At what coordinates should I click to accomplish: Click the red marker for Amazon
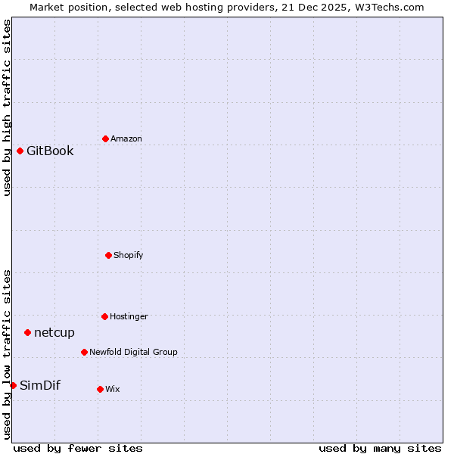[x=105, y=138]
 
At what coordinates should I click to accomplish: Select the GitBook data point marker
[x=20, y=151]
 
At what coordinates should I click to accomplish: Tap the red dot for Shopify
[x=108, y=255]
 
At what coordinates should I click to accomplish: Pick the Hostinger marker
[x=104, y=316]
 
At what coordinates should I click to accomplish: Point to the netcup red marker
[x=27, y=332]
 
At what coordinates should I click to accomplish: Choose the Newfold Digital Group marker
[x=84, y=352]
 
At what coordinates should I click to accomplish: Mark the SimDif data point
[x=13, y=385]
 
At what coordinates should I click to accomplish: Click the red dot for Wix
[x=100, y=389]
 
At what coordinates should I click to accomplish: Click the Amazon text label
[x=126, y=139]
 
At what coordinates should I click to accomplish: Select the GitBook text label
[x=50, y=151]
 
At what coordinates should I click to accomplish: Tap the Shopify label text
[x=129, y=256]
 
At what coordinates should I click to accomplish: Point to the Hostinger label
[x=129, y=317]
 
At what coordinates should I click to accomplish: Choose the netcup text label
[x=54, y=333]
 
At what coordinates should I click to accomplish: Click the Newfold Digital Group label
[x=133, y=353]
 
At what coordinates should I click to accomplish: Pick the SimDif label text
[x=40, y=386]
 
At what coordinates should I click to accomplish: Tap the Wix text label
[x=113, y=390]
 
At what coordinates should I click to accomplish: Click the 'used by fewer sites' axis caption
[x=78, y=448]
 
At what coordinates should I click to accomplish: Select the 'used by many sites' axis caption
[x=380, y=448]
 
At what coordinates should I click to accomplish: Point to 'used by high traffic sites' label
[x=8, y=107]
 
